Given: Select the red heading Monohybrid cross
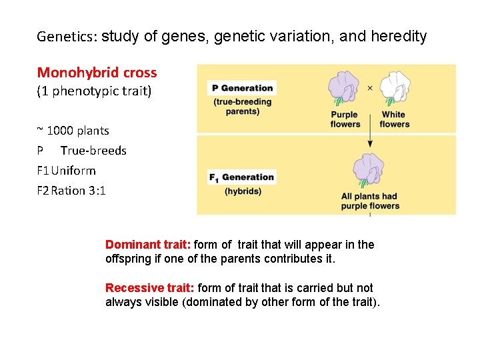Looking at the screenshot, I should (97, 73).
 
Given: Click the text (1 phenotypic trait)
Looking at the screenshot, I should (94, 91).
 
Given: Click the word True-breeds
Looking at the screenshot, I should (93, 151).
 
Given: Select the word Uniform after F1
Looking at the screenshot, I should (73, 171).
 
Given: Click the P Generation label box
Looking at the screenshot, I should (242, 88).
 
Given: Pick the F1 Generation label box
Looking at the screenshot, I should (242, 177).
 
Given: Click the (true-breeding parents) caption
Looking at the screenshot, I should (243, 107).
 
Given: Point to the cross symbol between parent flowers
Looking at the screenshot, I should (370, 87).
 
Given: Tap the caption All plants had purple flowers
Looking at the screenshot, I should (370, 201).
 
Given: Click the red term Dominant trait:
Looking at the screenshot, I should (148, 245).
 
